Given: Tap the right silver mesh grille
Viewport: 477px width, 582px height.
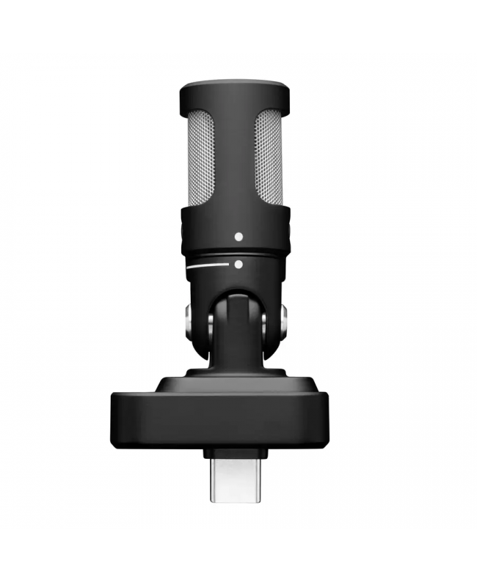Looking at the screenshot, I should [268, 158].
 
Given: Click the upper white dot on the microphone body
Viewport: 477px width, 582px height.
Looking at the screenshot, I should [238, 237].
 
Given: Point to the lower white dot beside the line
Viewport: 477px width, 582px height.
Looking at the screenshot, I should [238, 265].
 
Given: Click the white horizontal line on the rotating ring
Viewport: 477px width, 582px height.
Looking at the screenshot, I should [208, 268].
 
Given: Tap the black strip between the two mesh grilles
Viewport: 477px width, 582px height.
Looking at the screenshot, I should [234, 158].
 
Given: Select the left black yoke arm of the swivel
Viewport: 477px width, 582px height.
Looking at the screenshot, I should [201, 323].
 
